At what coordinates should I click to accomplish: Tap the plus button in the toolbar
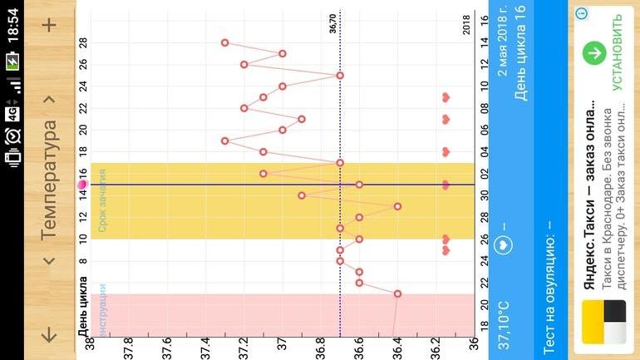49,25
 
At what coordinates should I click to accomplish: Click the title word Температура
49,180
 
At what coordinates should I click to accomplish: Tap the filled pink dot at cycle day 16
83,184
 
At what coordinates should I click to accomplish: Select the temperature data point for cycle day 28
224,42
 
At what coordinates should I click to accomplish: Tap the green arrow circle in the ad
593,53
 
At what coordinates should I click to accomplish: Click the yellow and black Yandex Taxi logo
614,323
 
